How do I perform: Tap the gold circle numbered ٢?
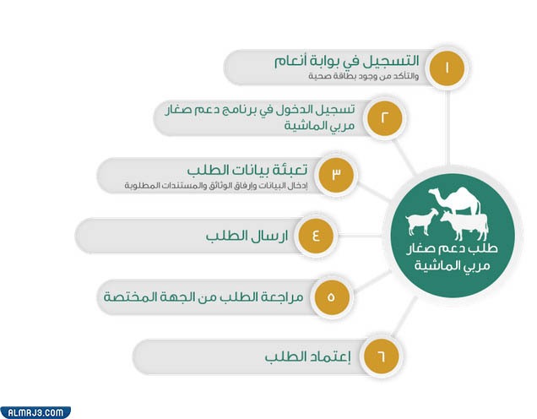(x=384, y=118)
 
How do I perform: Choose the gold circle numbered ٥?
(x=331, y=297)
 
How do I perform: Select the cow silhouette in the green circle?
(x=464, y=226)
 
